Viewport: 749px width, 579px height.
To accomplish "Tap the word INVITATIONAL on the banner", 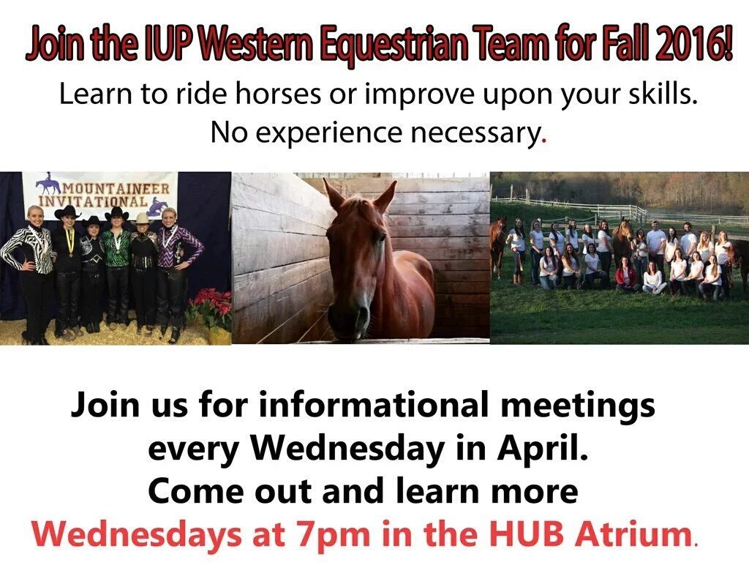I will point(93,201).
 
